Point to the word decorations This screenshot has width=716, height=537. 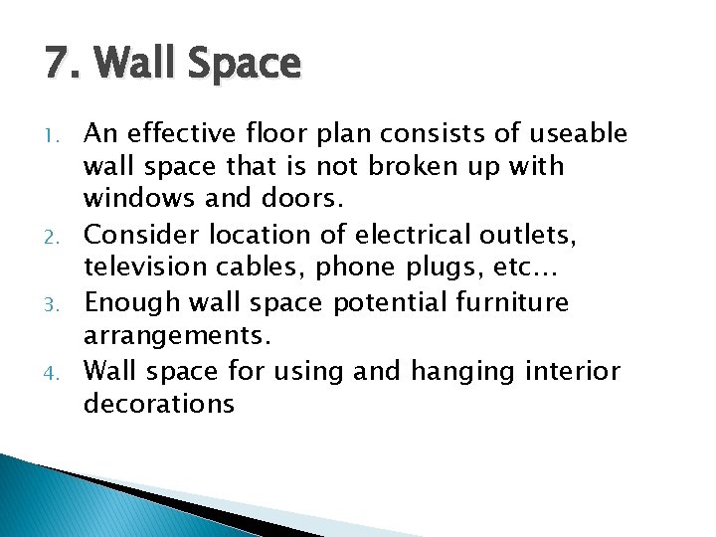coord(159,405)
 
